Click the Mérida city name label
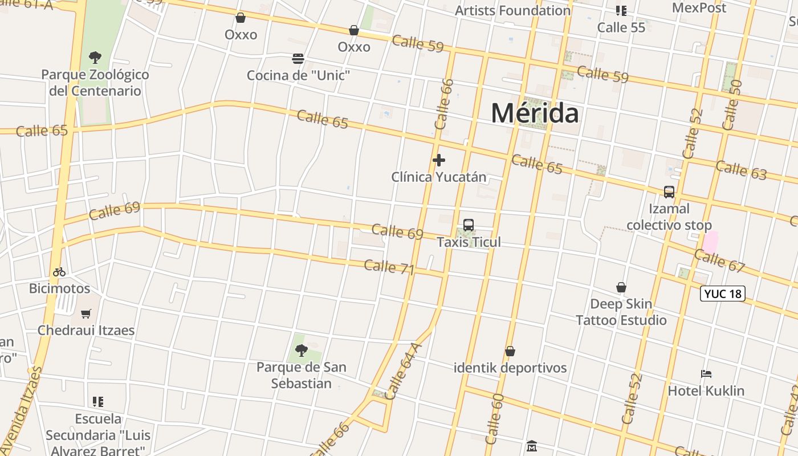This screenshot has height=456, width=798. [535, 113]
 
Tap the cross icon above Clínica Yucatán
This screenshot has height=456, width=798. [439, 160]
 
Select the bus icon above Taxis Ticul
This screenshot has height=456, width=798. [469, 225]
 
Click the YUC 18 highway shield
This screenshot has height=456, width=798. [723, 294]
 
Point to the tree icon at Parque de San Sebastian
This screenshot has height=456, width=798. [301, 350]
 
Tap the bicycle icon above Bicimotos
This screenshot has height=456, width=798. [59, 272]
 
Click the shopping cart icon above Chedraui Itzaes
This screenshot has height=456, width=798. [86, 313]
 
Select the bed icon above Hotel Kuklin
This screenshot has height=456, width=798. [706, 374]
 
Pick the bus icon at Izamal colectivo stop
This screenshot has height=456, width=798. [669, 192]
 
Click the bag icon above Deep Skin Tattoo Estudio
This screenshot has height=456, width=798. [621, 287]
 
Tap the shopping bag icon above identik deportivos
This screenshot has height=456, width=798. [510, 351]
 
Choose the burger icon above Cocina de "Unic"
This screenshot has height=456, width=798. [298, 59]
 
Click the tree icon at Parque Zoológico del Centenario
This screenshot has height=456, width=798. [95, 57]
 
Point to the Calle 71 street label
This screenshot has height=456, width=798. [389, 267]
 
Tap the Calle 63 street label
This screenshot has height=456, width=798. [741, 170]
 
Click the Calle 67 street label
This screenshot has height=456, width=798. [720, 260]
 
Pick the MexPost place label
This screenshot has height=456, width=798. [699, 8]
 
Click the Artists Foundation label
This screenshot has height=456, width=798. [512, 10]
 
